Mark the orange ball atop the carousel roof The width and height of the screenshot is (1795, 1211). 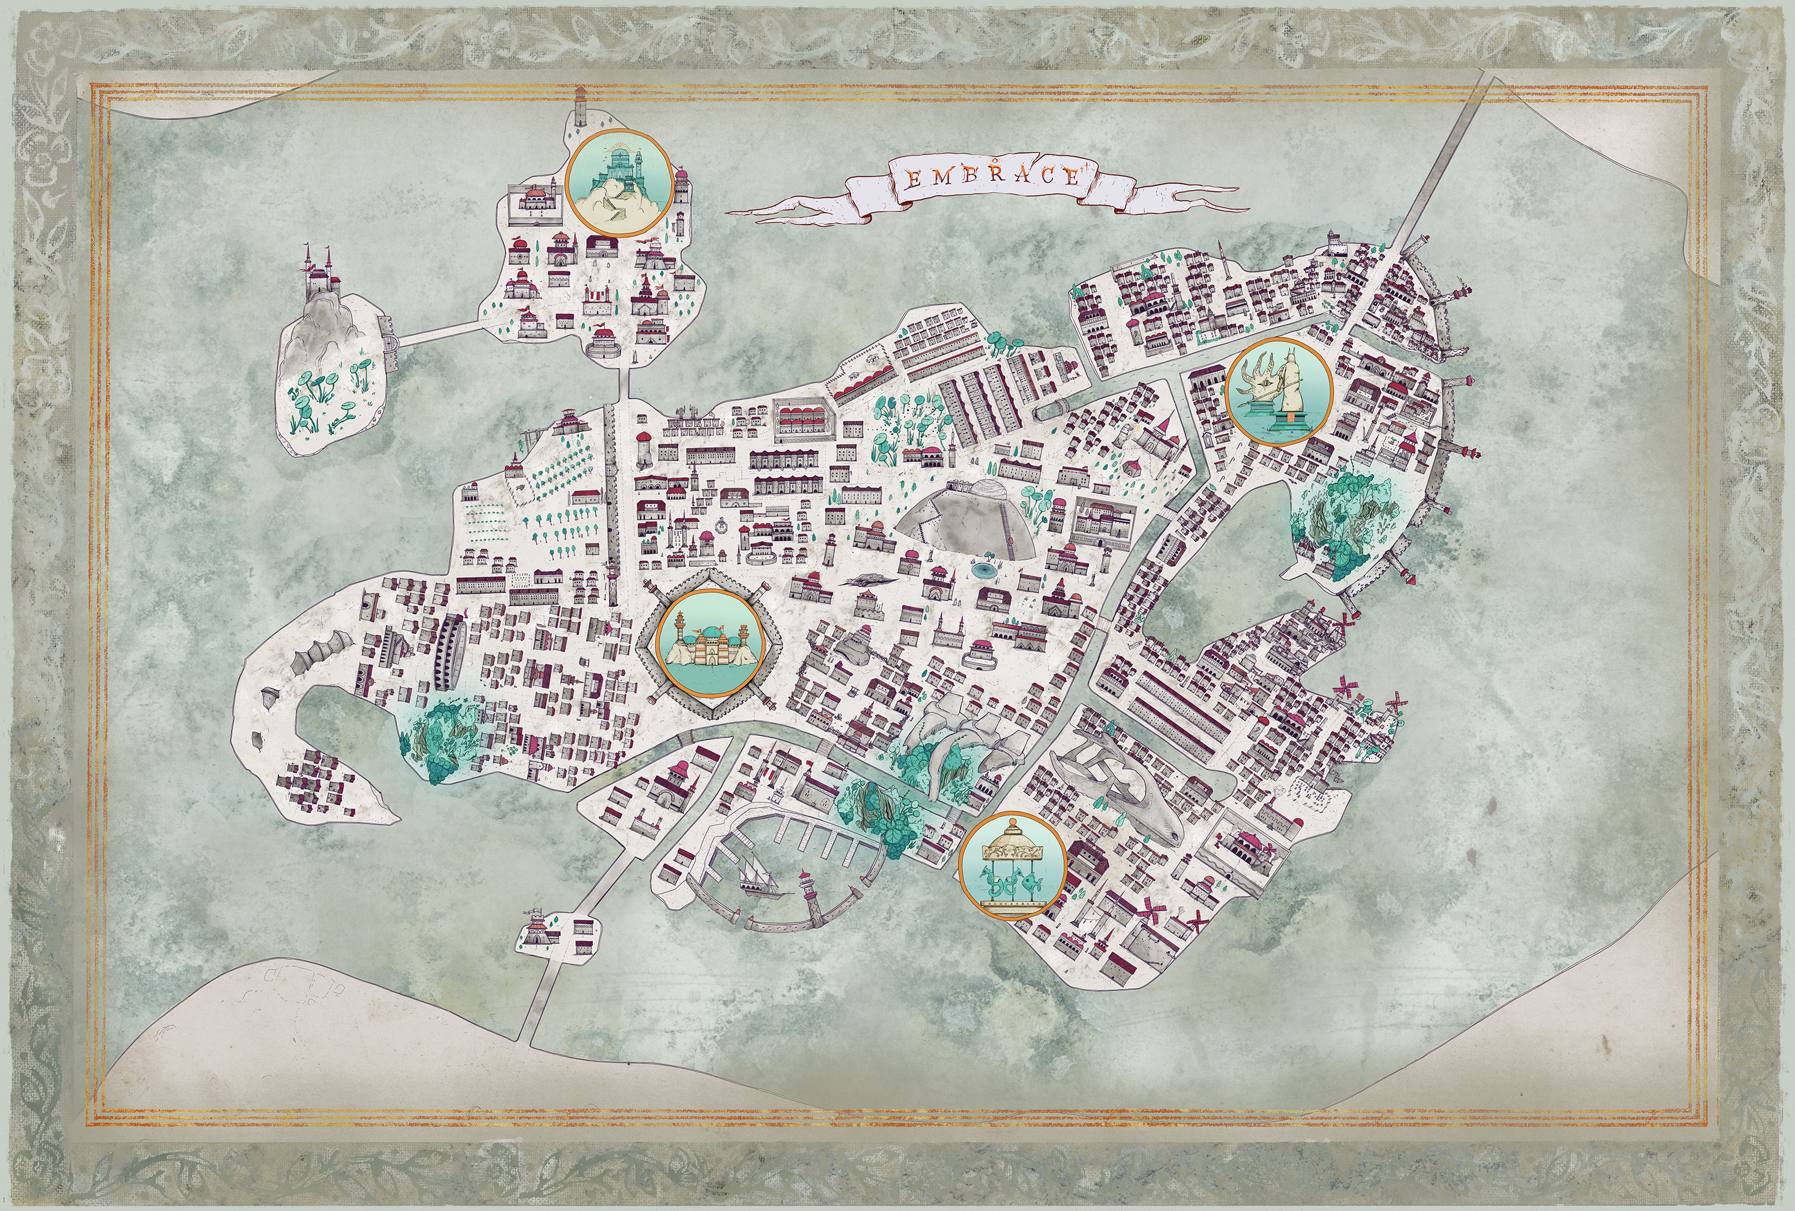tap(1011, 820)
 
